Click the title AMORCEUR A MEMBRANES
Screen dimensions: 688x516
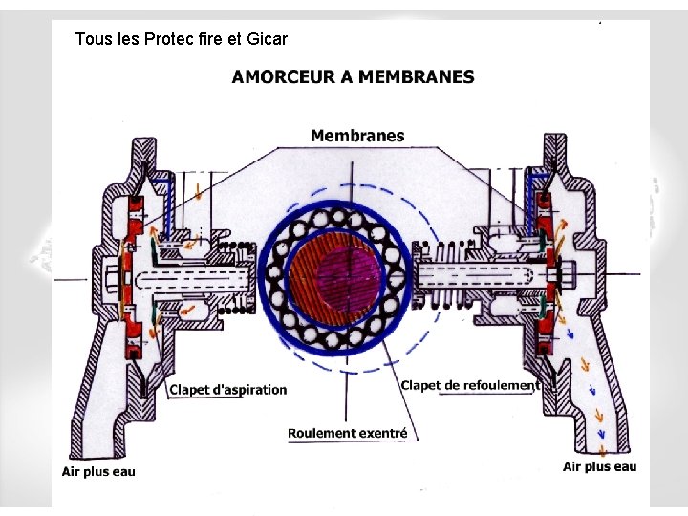(353, 77)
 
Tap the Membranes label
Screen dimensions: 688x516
(357, 136)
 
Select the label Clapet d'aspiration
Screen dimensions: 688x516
(227, 389)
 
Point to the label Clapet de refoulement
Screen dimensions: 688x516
(470, 385)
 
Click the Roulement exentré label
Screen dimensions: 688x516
(348, 433)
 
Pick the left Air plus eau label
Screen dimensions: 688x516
(98, 471)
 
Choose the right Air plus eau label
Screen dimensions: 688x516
(599, 466)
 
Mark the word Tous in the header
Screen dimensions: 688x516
(92, 39)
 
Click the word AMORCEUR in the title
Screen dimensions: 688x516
(282, 77)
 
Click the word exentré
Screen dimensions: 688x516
(386, 433)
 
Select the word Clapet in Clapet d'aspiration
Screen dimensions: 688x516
(189, 389)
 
